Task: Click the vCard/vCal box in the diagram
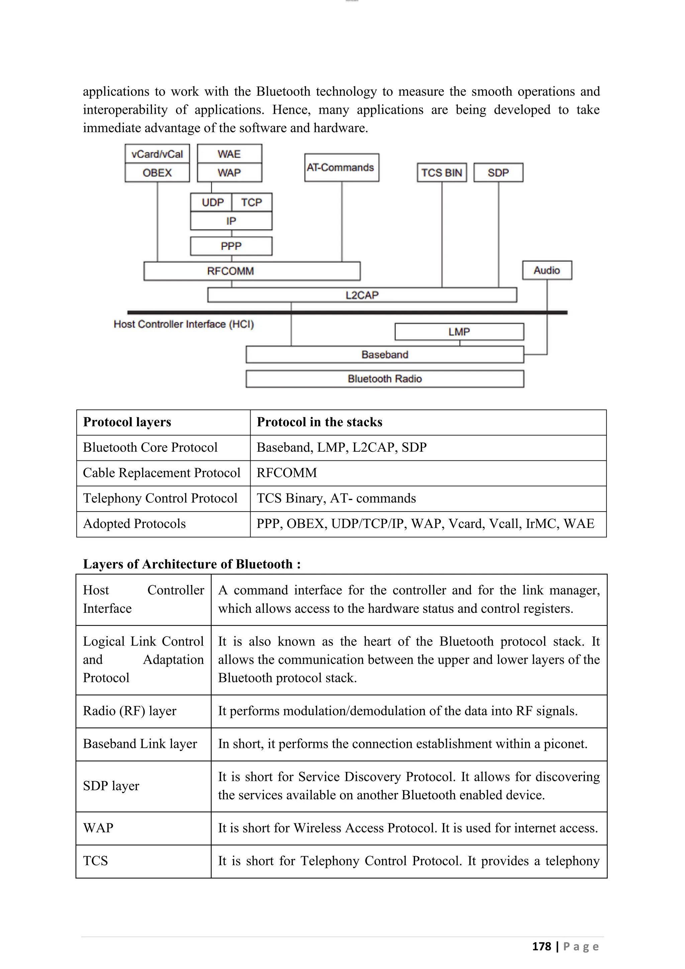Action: click(x=157, y=154)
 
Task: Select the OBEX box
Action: click(x=157, y=173)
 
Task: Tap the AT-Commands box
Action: click(x=341, y=168)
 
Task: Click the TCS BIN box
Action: click(x=441, y=173)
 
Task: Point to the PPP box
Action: click(x=231, y=246)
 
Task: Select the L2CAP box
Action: click(x=362, y=295)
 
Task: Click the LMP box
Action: click(x=459, y=332)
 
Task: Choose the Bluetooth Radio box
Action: click(x=384, y=378)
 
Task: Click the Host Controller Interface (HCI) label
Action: click(x=184, y=324)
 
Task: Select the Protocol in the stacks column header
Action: click(x=319, y=422)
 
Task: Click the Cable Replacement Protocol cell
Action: click(x=162, y=473)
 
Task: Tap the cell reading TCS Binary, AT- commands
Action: click(x=336, y=498)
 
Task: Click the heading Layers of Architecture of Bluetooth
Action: click(x=192, y=564)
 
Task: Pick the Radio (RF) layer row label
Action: click(x=129, y=711)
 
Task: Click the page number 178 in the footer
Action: click(x=541, y=946)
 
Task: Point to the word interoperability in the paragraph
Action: click(x=125, y=110)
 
